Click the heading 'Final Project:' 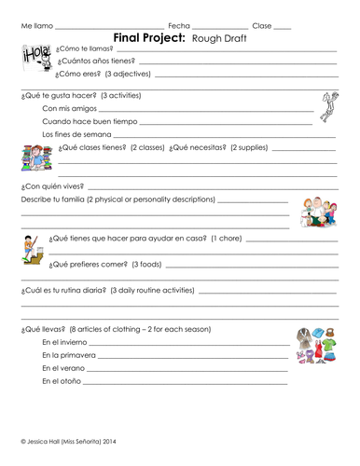click(149, 37)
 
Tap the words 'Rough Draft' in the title click(222, 38)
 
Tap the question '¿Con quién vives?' click(52, 186)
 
